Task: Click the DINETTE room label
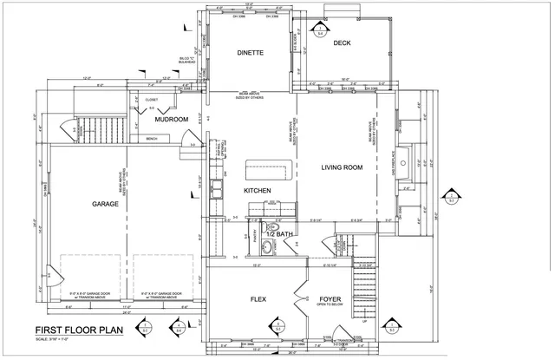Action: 250,53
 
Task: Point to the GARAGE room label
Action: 106,205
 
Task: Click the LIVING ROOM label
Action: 342,167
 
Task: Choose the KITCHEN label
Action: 258,191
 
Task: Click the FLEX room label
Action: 258,299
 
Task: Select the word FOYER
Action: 331,299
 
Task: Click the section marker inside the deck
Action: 319,31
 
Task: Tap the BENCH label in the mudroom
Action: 153,139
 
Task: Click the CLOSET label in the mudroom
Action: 152,100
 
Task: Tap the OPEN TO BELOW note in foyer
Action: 331,306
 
